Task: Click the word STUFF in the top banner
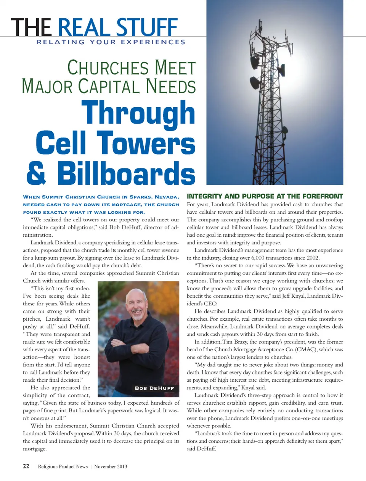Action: tap(146, 27)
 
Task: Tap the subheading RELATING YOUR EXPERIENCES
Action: tap(111, 42)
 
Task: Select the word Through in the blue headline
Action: tap(138, 113)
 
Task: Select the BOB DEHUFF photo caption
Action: tap(154, 388)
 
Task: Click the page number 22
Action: tap(26, 466)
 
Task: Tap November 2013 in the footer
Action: tap(111, 466)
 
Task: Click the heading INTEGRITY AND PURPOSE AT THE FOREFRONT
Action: tap(265, 196)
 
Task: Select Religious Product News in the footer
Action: tap(63, 466)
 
